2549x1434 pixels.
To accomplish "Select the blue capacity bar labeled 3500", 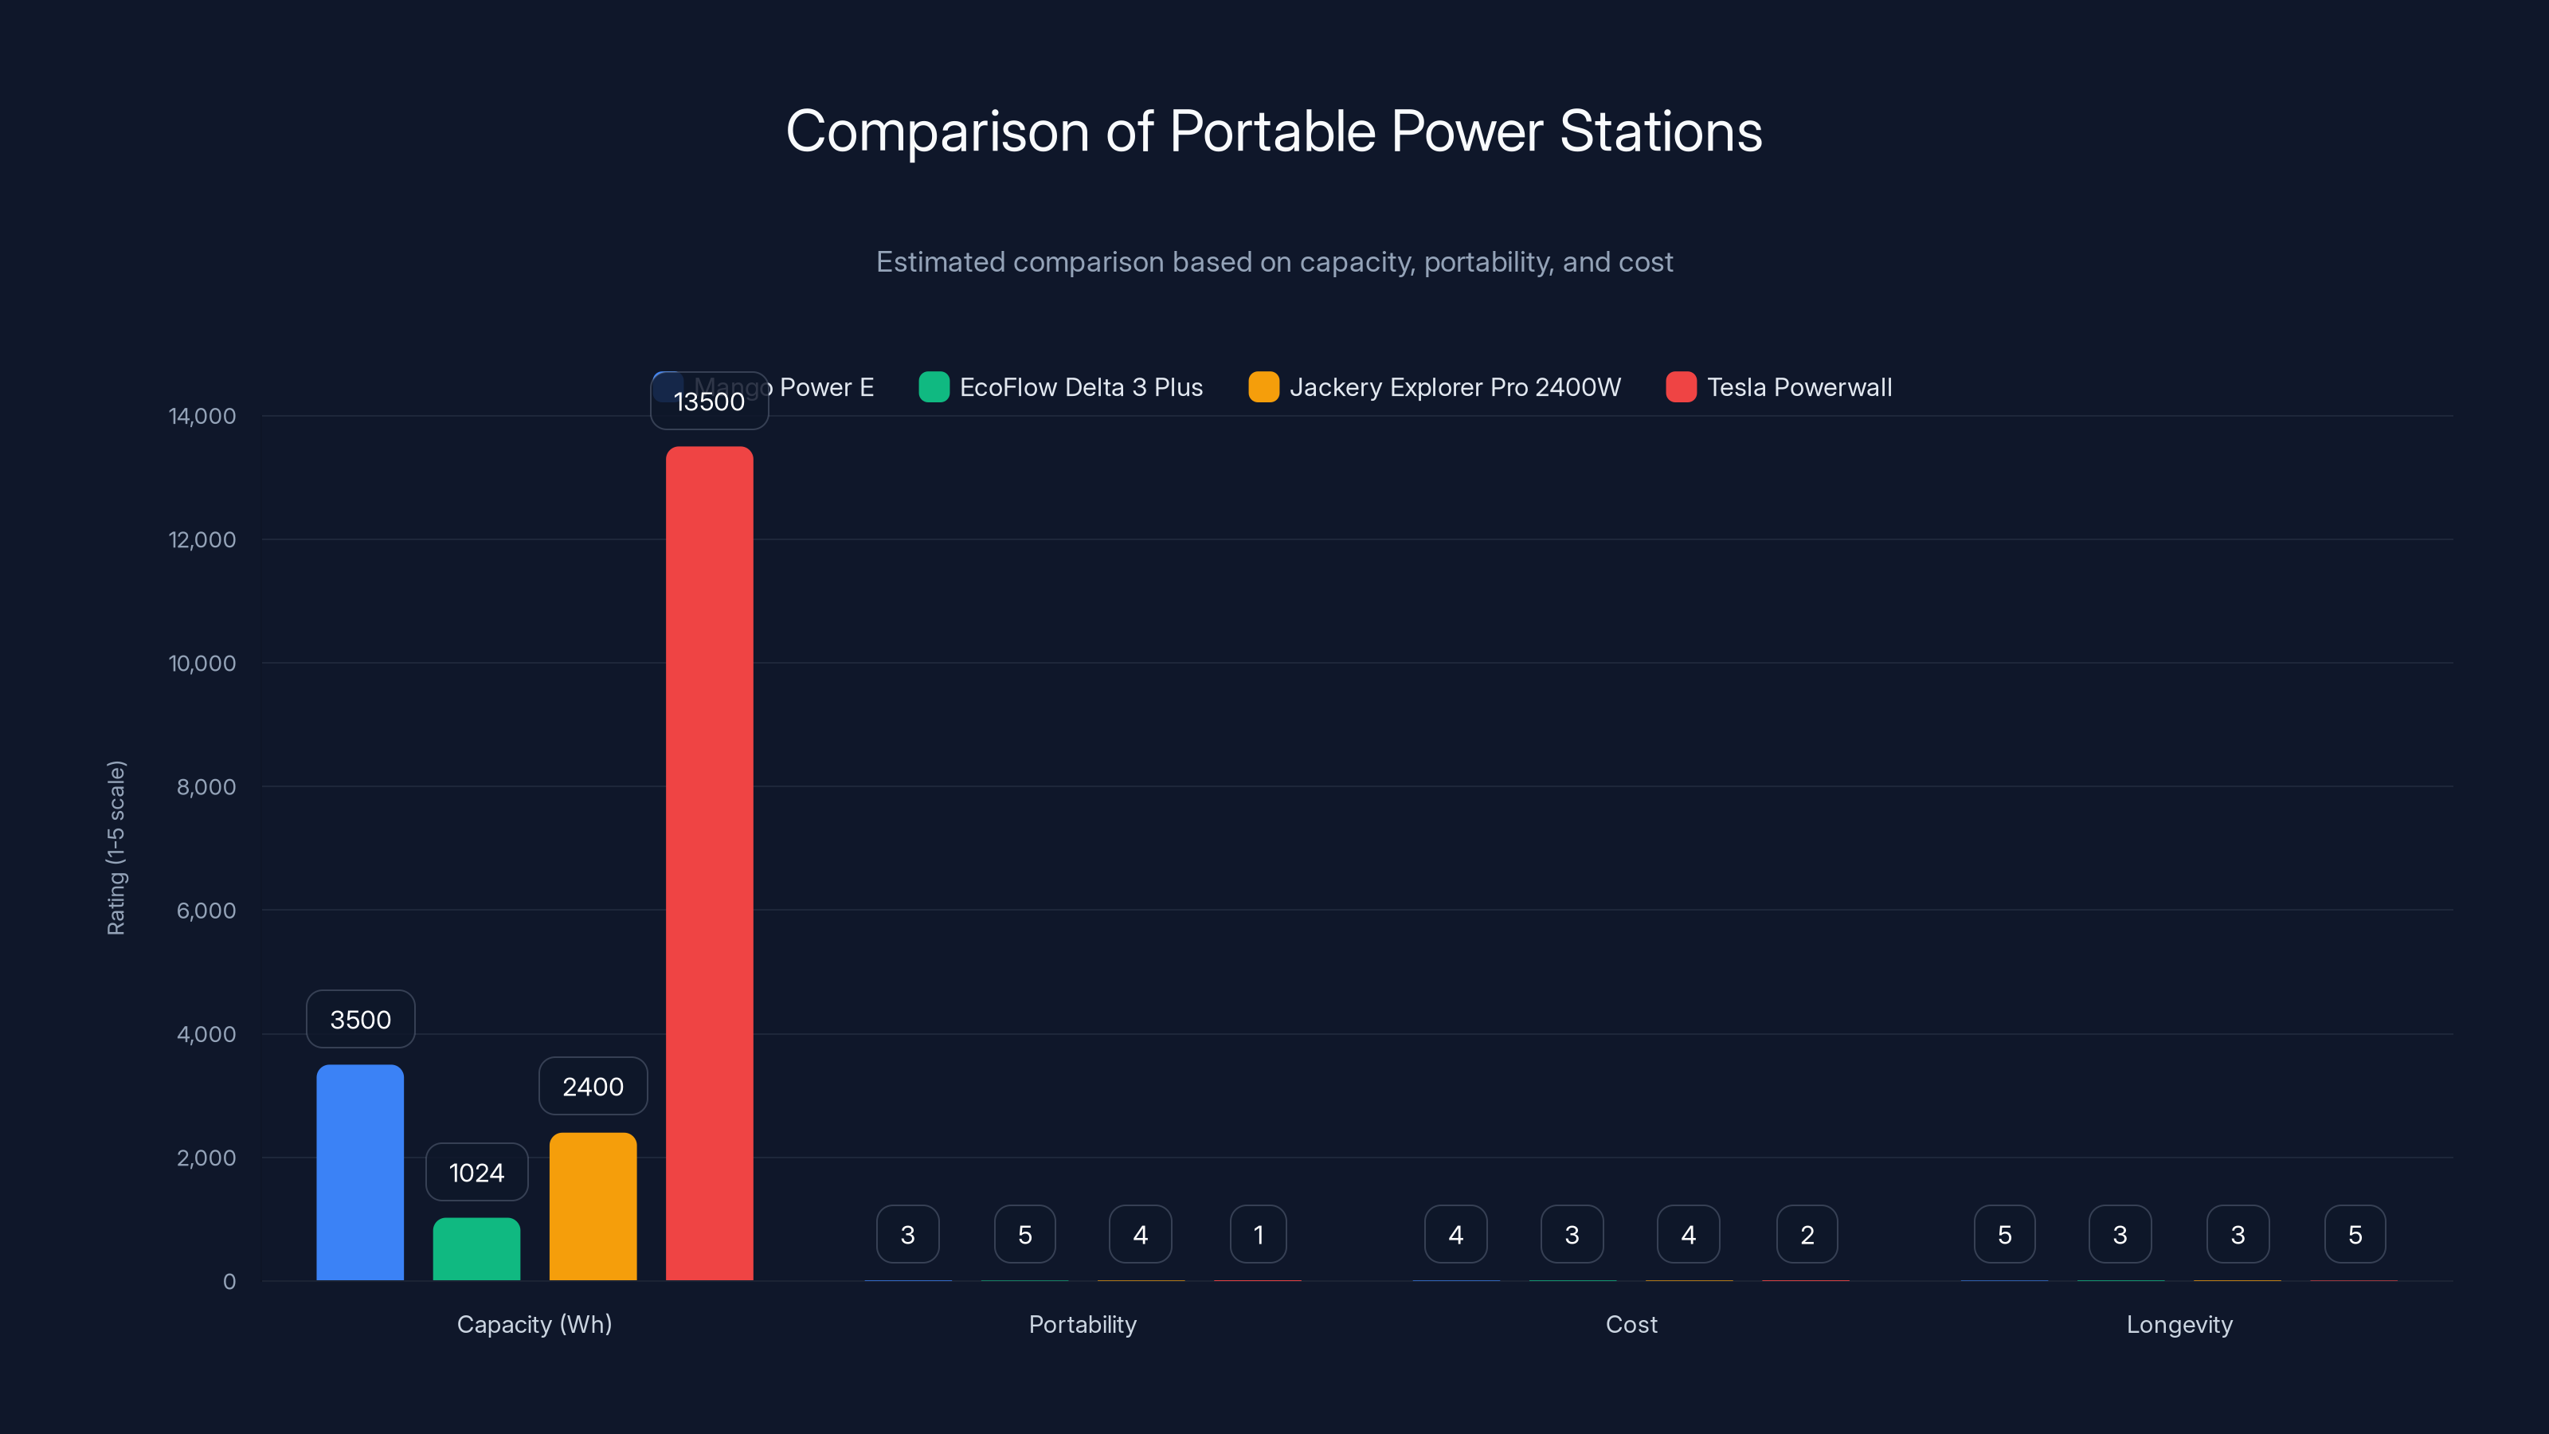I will click(x=360, y=1172).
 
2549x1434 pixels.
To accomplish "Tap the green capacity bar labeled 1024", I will click(x=476, y=1249).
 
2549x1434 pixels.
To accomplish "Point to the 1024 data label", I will click(x=476, y=1173).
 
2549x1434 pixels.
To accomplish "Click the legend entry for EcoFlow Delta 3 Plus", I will click(x=1061, y=387).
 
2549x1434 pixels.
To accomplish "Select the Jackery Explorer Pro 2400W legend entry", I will click(x=1435, y=387).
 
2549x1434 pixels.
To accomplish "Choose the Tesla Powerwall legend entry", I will click(x=1780, y=387).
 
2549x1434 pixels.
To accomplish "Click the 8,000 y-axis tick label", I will click(x=206, y=787).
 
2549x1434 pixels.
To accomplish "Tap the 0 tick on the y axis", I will click(x=229, y=1282).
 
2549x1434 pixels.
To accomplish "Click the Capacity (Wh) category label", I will click(x=534, y=1324).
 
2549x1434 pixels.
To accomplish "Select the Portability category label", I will click(x=1083, y=1324).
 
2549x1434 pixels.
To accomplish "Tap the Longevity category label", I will click(x=2179, y=1324).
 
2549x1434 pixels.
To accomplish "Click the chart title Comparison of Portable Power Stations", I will click(x=1274, y=131).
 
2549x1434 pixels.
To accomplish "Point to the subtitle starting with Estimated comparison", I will click(x=1274, y=261).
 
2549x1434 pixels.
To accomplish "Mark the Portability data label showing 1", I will click(x=1258, y=1234).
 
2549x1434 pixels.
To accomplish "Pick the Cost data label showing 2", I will click(x=1807, y=1234).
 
